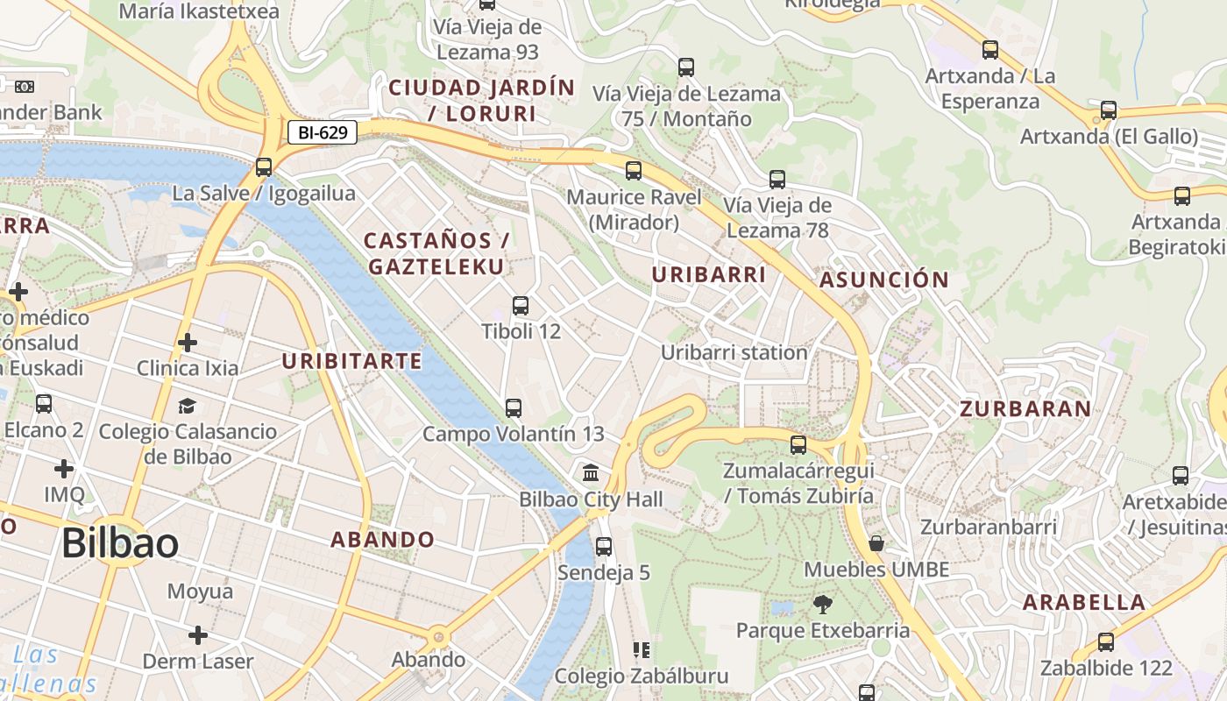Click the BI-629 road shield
coord(323,133)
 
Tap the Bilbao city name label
coord(120,544)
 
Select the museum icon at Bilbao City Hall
coord(591,473)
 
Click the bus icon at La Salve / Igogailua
coord(264,166)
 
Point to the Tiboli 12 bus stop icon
coord(521,306)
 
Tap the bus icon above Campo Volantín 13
coord(514,407)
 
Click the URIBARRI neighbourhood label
coord(709,274)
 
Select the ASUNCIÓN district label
coord(883,280)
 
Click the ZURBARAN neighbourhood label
coord(1025,409)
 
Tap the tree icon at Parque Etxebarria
coord(822,603)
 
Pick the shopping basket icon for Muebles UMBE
coord(876,543)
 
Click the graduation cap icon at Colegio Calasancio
coord(187,406)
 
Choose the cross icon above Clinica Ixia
coord(187,342)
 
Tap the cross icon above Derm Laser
coord(198,634)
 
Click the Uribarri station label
coord(734,352)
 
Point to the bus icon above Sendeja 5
coord(604,547)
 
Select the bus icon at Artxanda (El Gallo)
coord(1109,110)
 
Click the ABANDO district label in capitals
coord(382,540)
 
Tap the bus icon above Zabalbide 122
coord(1106,641)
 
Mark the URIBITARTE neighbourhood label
coord(351,361)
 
